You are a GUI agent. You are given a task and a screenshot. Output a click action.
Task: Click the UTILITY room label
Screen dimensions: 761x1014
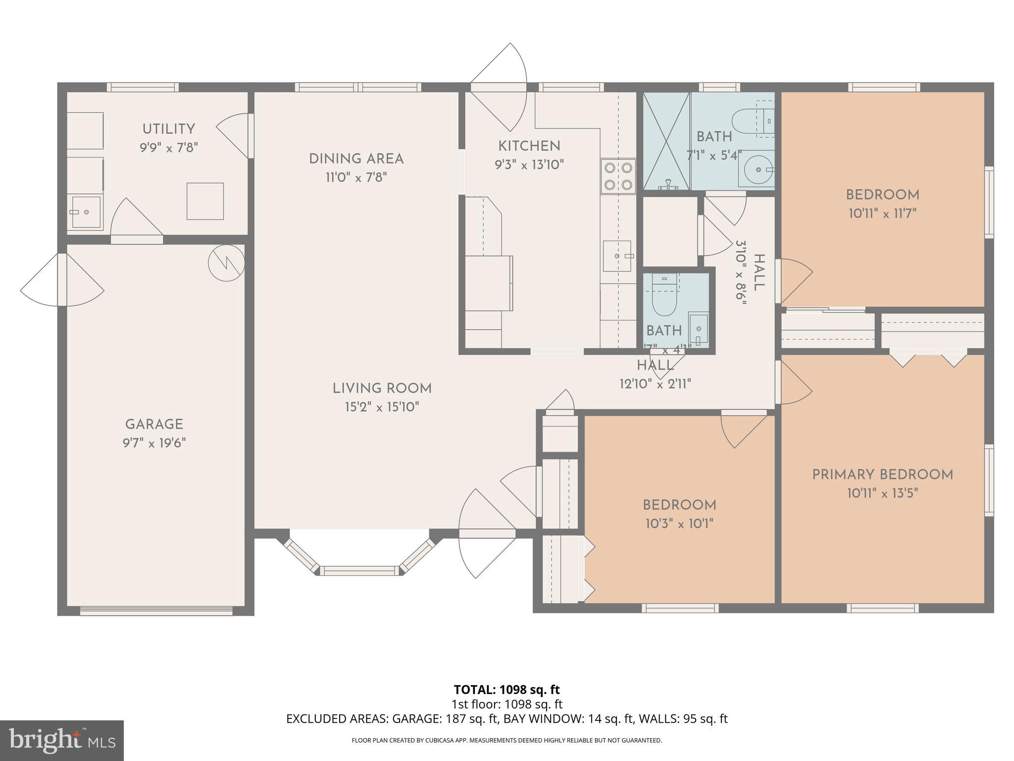coord(168,129)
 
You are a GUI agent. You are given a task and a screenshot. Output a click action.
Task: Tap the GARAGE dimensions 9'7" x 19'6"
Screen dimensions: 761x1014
coord(154,442)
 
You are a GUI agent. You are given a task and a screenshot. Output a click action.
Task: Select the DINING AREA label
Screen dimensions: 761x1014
coord(356,159)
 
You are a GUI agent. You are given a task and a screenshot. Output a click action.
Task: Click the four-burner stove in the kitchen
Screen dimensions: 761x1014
coord(618,176)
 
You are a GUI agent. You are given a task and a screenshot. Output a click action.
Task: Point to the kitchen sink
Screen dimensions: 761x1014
coord(617,256)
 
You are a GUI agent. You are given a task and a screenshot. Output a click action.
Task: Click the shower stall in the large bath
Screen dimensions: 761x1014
coord(666,141)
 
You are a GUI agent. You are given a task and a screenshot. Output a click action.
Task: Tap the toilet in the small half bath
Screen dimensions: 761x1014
coord(664,297)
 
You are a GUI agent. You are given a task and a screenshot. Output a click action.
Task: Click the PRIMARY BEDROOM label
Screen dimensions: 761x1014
coord(882,475)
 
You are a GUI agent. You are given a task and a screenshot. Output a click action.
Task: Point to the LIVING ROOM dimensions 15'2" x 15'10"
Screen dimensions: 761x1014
coord(382,407)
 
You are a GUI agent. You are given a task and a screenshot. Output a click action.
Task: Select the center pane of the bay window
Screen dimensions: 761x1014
coord(359,571)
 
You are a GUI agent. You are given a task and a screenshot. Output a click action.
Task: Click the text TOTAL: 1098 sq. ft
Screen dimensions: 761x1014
coord(507,689)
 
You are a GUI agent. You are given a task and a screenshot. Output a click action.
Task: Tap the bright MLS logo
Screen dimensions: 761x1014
coord(61,740)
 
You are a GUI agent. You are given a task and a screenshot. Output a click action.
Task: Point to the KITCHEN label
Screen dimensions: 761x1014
coord(529,146)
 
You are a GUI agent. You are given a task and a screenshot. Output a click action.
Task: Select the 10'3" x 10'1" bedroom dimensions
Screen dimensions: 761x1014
coord(679,524)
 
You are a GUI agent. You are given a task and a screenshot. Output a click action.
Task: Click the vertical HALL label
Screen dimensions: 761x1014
coord(758,272)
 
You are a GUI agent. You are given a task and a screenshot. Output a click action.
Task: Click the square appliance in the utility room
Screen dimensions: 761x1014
coord(205,201)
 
